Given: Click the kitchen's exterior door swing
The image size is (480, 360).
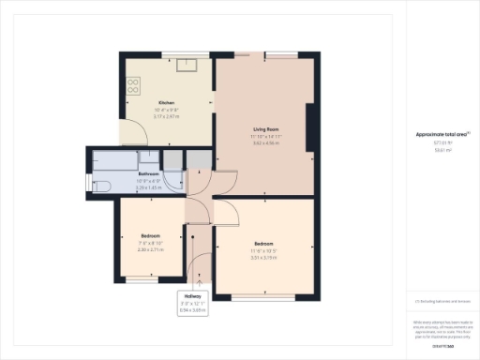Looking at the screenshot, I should point(130,134).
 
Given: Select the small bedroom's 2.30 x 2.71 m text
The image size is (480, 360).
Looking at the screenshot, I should point(151,249).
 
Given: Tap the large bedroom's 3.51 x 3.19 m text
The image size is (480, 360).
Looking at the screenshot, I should point(263,256).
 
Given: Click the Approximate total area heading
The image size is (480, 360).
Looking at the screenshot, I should point(441,135).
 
